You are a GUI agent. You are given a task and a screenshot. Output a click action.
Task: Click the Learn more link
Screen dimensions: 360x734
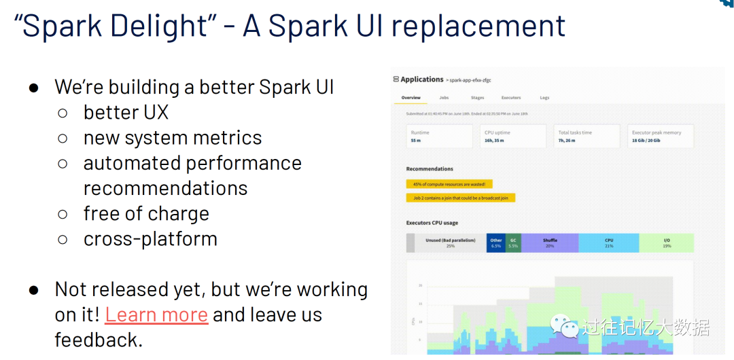(156, 314)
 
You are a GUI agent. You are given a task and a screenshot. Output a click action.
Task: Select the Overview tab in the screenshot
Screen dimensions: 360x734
(410, 98)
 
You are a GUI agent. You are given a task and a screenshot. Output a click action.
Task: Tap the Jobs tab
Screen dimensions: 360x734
(444, 98)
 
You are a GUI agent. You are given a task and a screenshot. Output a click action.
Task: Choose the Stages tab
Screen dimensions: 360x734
(477, 98)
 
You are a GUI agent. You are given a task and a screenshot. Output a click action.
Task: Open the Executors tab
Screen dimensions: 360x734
(511, 98)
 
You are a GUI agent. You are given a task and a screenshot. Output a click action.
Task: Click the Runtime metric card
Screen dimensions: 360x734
(439, 136)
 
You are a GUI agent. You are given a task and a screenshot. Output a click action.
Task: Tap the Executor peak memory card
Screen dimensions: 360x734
(660, 136)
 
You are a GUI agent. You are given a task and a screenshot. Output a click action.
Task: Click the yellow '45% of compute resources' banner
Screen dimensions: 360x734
(449, 183)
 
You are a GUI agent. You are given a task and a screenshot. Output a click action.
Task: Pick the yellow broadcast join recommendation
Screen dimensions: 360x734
(461, 198)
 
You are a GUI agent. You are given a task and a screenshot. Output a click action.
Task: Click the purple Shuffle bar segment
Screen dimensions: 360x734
(550, 242)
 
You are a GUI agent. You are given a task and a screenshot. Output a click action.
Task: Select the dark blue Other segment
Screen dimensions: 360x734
(496, 242)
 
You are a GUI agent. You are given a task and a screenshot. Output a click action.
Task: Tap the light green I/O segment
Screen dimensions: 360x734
(666, 242)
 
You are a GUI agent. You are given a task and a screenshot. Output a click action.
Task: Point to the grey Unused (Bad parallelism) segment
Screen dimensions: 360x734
(450, 242)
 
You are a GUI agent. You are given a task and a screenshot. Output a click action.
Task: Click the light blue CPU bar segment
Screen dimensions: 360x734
(609, 242)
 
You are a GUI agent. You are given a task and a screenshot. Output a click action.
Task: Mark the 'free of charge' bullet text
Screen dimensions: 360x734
(145, 213)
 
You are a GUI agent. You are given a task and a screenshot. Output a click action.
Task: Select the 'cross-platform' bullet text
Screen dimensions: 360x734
(150, 238)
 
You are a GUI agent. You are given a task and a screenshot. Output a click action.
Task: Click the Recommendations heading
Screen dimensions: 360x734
(430, 168)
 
